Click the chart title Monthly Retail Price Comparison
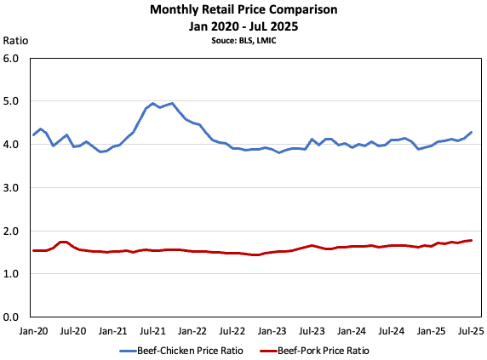pyautogui.click(x=243, y=10)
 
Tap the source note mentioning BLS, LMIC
pyautogui.click(x=243, y=39)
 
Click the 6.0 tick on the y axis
pyautogui.click(x=11, y=59)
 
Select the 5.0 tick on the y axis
pyautogui.click(x=11, y=101)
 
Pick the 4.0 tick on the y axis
pyautogui.click(x=11, y=145)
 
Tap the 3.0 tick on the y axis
pyautogui.click(x=11, y=187)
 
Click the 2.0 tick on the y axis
pyautogui.click(x=11, y=231)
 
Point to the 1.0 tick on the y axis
pyautogui.click(x=11, y=274)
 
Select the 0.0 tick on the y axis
pyautogui.click(x=11, y=317)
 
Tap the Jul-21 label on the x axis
pyautogui.click(x=152, y=329)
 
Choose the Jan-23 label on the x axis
pyautogui.click(x=272, y=329)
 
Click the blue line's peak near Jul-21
pyautogui.click(x=172, y=103)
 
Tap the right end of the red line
pyautogui.click(x=471, y=240)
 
